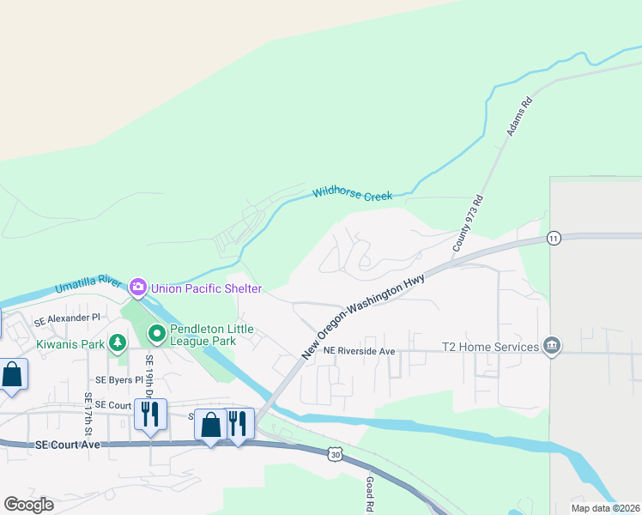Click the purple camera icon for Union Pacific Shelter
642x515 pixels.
coord(138,286)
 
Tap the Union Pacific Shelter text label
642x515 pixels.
coord(206,286)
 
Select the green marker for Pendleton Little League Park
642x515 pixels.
coord(156,332)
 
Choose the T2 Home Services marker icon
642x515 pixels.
coord(552,347)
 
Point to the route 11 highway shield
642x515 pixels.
coord(554,238)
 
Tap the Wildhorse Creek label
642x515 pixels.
coord(352,195)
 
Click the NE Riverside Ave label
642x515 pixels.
coord(359,351)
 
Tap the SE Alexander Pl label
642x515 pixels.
coord(67,318)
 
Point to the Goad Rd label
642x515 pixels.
coord(370,494)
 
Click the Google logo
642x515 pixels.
coord(28,504)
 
